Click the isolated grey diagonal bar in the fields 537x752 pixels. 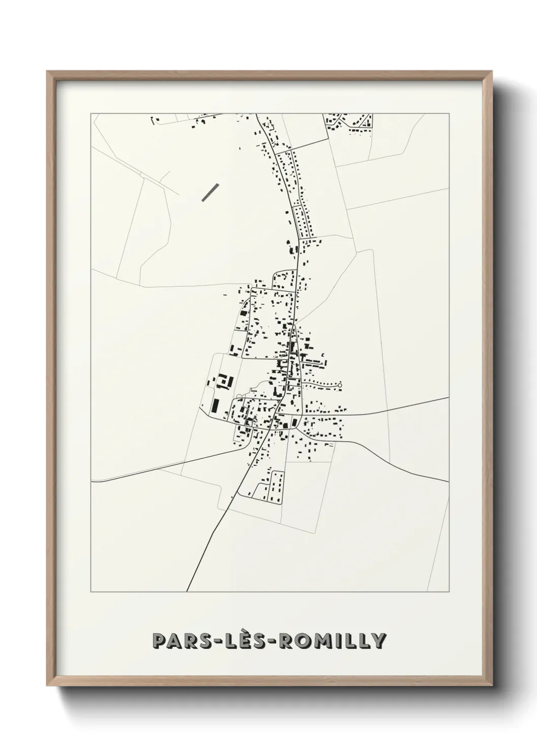tap(210, 192)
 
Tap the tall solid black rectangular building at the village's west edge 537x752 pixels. tap(215, 405)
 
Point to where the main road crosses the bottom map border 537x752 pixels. tap(187, 591)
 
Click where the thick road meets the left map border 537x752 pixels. tap(91, 480)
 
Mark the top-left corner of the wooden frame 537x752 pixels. tap(48, 72)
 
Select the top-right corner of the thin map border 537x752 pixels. tap(449, 114)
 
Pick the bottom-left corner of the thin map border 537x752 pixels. tap(91, 591)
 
